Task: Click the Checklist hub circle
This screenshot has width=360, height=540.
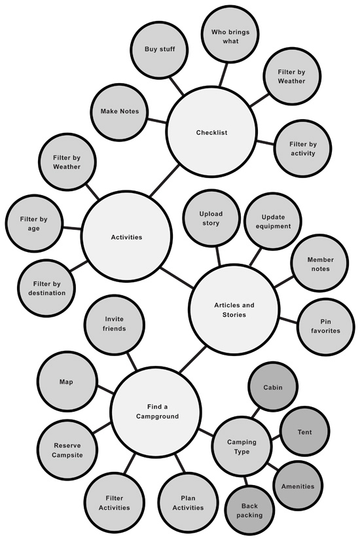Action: (211, 132)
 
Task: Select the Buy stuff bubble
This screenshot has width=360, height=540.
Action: (160, 49)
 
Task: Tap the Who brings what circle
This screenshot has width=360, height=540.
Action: (230, 36)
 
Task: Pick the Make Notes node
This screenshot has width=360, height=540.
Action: (120, 111)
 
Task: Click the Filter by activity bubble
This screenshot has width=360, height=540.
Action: (302, 149)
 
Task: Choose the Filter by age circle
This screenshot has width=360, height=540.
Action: (34, 223)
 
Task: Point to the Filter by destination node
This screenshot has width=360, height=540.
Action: (47, 288)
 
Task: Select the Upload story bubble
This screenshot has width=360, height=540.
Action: (211, 218)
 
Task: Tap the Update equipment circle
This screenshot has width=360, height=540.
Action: (273, 221)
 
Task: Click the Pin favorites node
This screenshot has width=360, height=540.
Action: (325, 326)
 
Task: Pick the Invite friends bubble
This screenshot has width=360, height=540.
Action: (115, 324)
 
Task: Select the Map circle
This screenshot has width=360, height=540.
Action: (67, 382)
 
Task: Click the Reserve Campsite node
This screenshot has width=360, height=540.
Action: (67, 450)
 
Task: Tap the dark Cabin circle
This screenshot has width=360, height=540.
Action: (273, 387)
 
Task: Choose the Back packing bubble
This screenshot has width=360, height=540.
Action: (249, 511)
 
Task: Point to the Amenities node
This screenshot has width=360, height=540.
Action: (298, 486)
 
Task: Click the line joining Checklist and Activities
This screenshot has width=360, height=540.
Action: (164, 181)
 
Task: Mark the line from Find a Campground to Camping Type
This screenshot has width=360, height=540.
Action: (206, 432)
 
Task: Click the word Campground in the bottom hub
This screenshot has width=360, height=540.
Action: (158, 416)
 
